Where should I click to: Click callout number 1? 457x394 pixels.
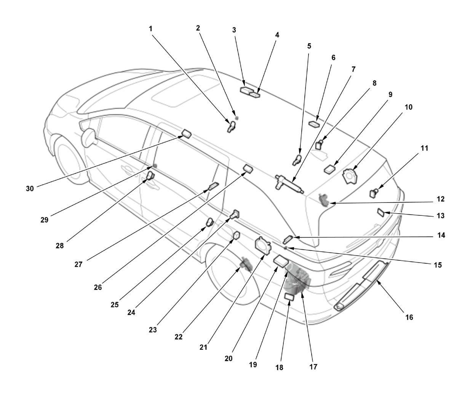tap(150, 29)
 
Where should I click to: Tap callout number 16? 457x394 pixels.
tap(409, 317)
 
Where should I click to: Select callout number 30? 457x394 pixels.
tap(30, 188)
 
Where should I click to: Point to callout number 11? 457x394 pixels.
tap(424, 148)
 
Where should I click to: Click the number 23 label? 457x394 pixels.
tap(153, 329)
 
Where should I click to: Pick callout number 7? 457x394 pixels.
tap(353, 69)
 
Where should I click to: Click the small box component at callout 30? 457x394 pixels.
tap(186, 134)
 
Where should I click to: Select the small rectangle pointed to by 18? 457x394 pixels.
tap(289, 296)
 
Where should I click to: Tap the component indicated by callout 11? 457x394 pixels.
tap(374, 193)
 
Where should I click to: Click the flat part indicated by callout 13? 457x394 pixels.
tap(381, 212)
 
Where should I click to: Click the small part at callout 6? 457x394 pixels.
tap(314, 124)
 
